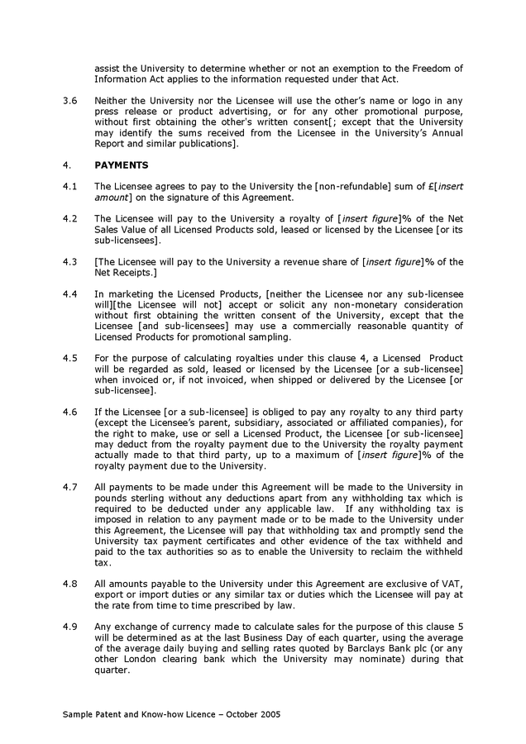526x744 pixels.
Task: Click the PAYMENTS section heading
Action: click(x=122, y=165)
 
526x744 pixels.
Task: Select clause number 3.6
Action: click(x=70, y=100)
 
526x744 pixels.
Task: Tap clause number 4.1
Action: click(x=70, y=187)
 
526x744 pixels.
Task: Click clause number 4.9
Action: click(x=70, y=627)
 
